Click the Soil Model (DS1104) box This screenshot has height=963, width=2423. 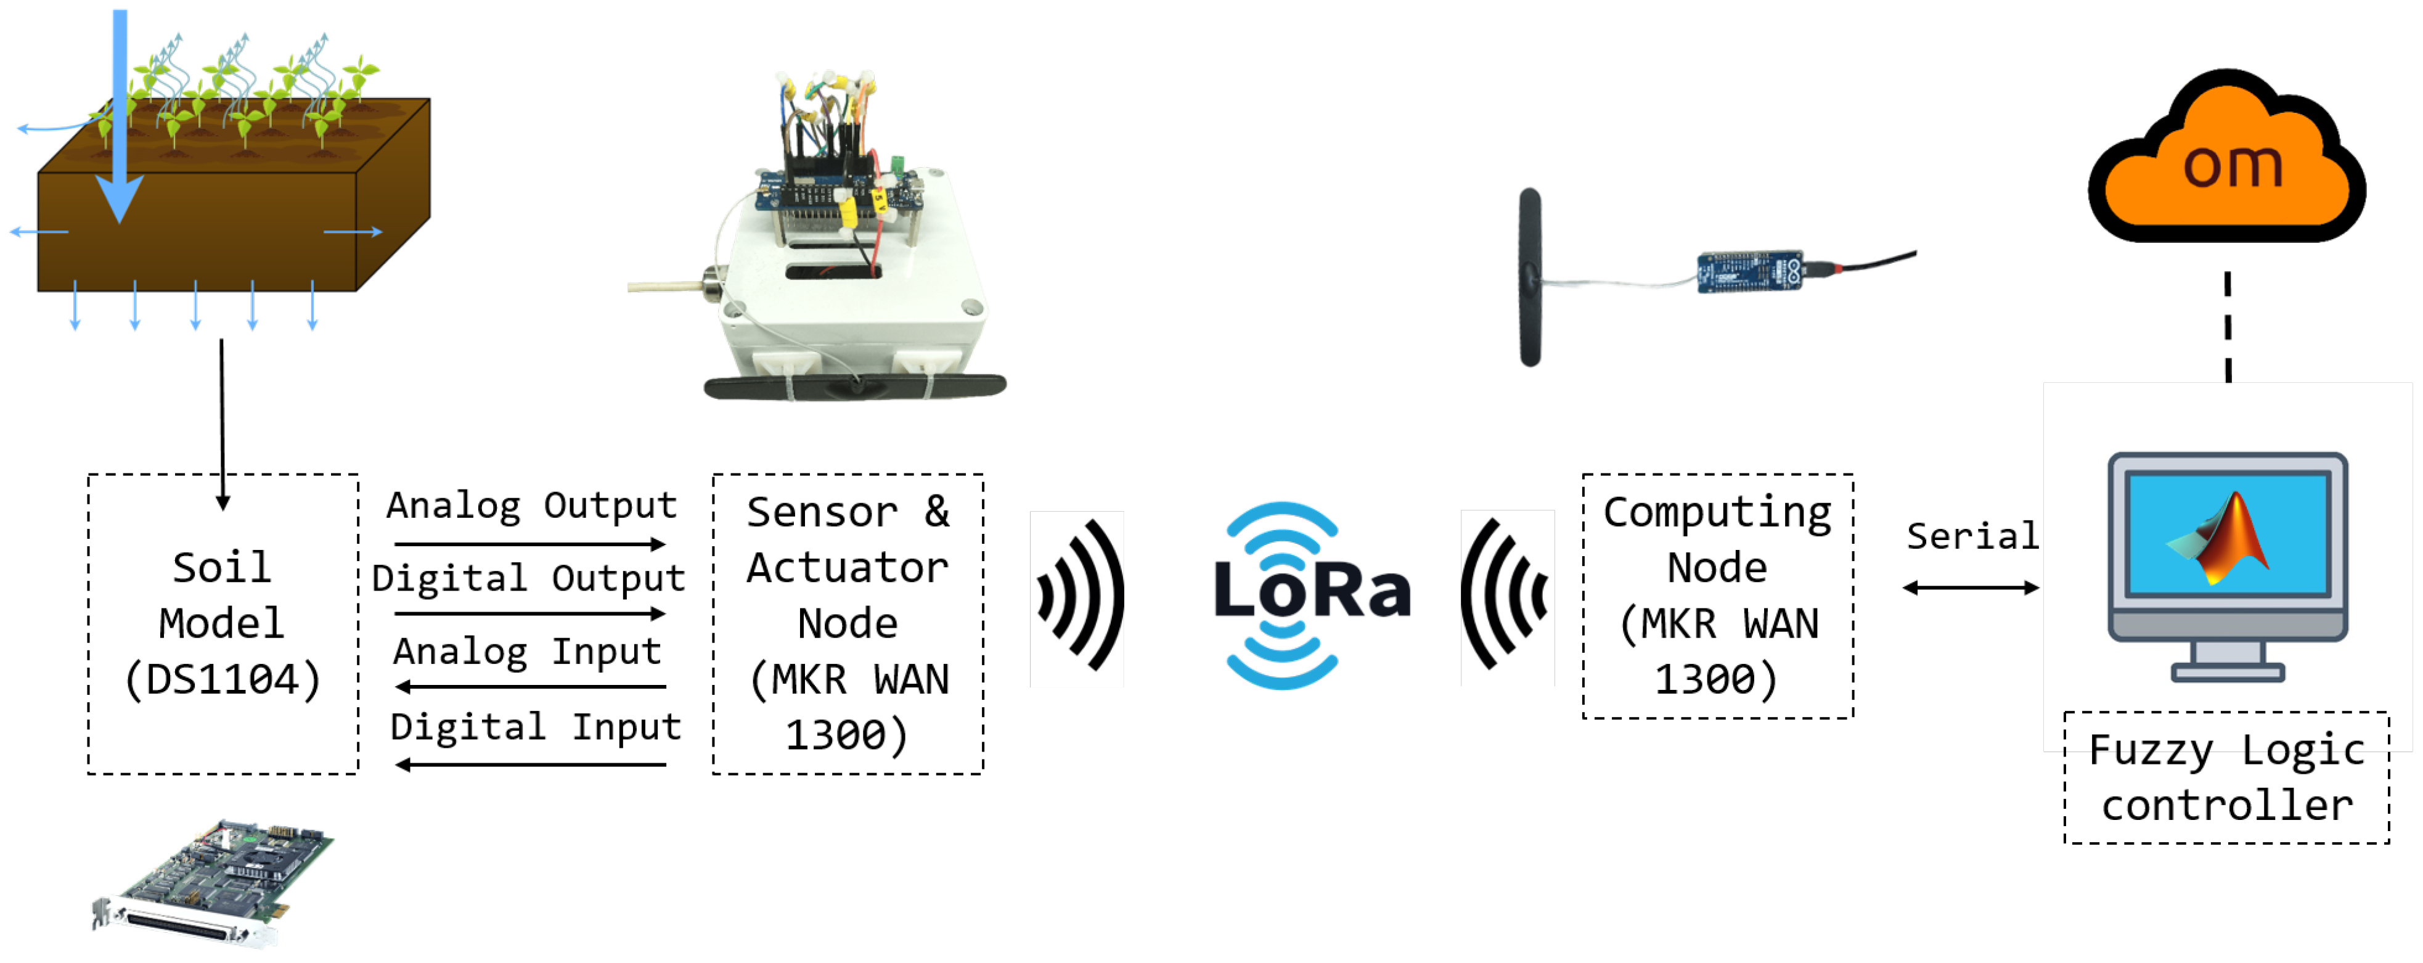(223, 623)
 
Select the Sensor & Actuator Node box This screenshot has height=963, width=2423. (848, 623)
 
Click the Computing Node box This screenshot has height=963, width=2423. (1717, 596)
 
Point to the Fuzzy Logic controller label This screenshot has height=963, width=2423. (2226, 777)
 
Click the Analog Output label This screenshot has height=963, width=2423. (531, 506)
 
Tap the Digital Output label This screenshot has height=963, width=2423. (529, 578)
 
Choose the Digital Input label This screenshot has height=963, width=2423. (535, 726)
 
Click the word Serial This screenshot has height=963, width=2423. (1972, 536)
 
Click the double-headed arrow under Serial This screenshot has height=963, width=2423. (1971, 588)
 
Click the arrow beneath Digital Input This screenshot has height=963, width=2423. (531, 764)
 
